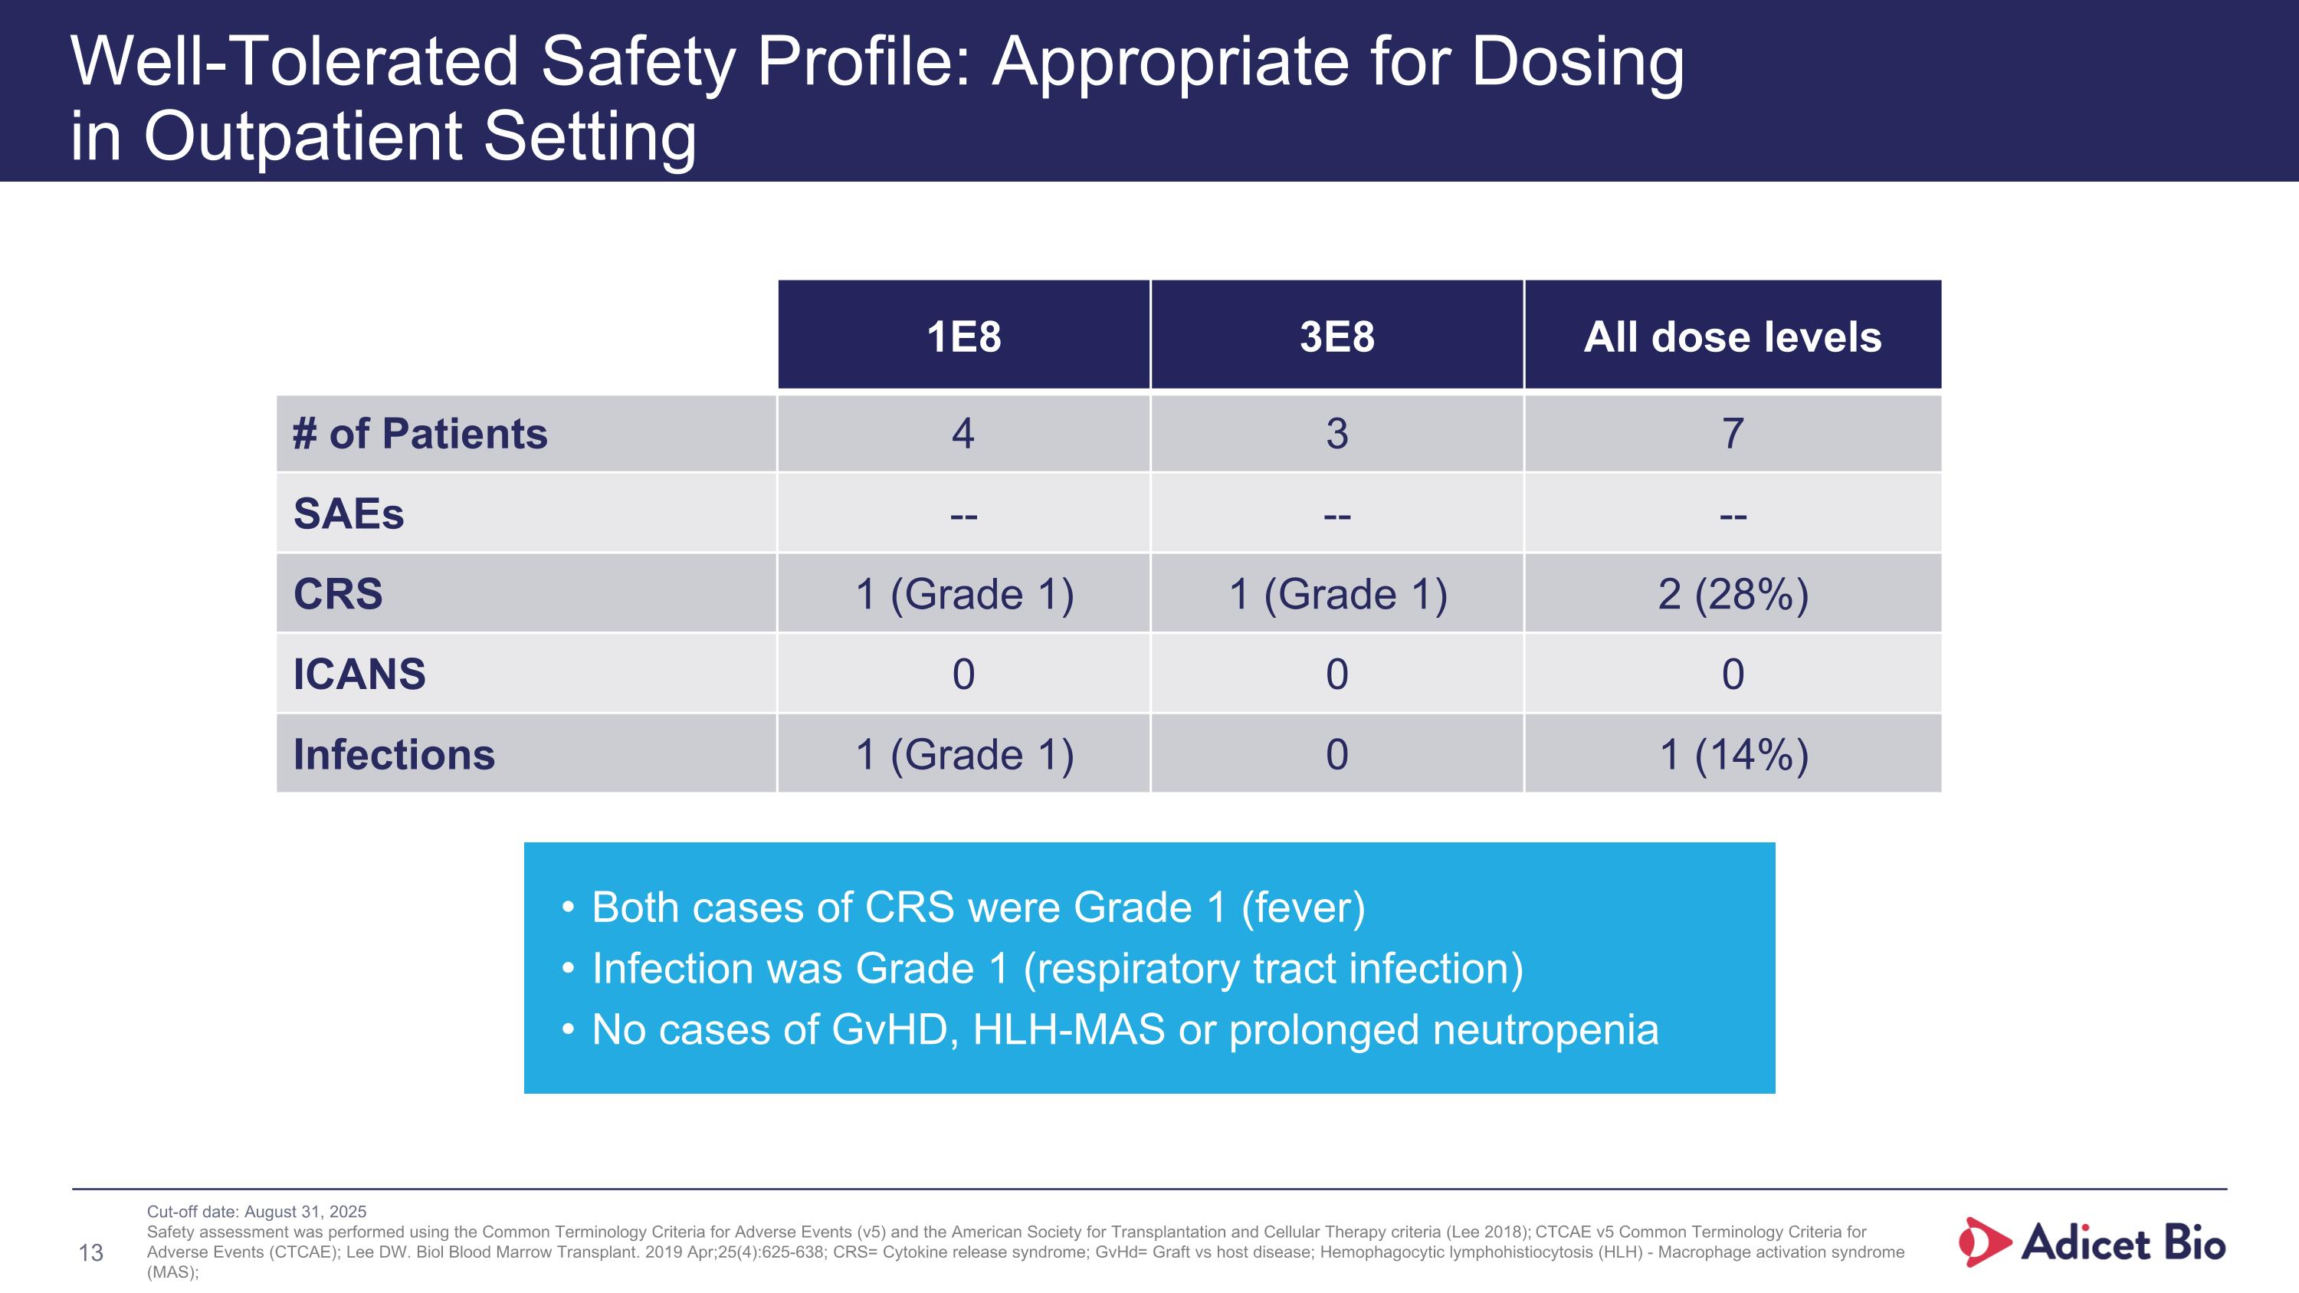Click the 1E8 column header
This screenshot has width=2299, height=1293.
tap(963, 336)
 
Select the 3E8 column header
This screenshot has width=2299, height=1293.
tap(1336, 336)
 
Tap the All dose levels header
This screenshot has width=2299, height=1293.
tap(1732, 336)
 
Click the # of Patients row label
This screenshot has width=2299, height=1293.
tap(419, 434)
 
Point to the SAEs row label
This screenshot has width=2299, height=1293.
tap(349, 514)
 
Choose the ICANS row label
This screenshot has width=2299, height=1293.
tap(359, 674)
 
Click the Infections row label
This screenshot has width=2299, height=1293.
tap(394, 754)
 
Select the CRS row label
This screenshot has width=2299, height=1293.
tap(338, 594)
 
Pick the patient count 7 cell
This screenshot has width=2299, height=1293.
tap(1732, 434)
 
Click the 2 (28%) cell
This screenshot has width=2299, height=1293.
tap(1732, 594)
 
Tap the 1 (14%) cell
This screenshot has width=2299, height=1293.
tap(1732, 754)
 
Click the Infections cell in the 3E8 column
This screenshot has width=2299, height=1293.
tap(1336, 754)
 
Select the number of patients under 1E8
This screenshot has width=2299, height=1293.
tap(963, 434)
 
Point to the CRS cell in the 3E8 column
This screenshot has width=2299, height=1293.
tap(1336, 594)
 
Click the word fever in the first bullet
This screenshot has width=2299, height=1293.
tap(1303, 907)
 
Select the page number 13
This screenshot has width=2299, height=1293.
tap(91, 1253)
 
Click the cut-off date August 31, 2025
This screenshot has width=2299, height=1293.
tap(304, 1212)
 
